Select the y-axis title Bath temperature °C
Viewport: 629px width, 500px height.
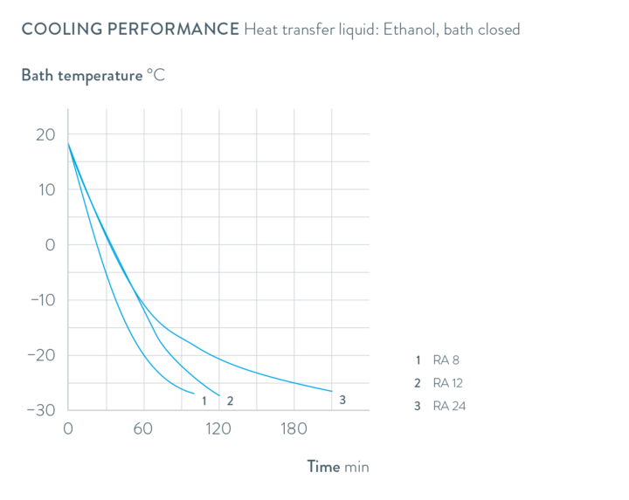tap(93, 75)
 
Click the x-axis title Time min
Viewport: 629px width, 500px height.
tap(338, 467)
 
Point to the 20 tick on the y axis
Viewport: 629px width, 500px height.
tap(45, 134)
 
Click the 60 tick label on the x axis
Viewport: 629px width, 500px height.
tap(143, 429)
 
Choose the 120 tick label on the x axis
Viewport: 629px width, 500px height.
tap(218, 429)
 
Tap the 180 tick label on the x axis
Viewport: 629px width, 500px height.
tap(294, 429)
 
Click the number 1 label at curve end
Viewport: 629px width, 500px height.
tap(204, 401)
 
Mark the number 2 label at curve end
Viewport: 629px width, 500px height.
tap(230, 401)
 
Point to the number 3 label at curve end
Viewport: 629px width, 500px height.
tap(342, 400)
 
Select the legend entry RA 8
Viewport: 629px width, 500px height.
tap(446, 360)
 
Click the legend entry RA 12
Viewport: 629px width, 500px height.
tap(447, 382)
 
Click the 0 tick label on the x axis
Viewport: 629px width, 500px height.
tap(68, 429)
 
